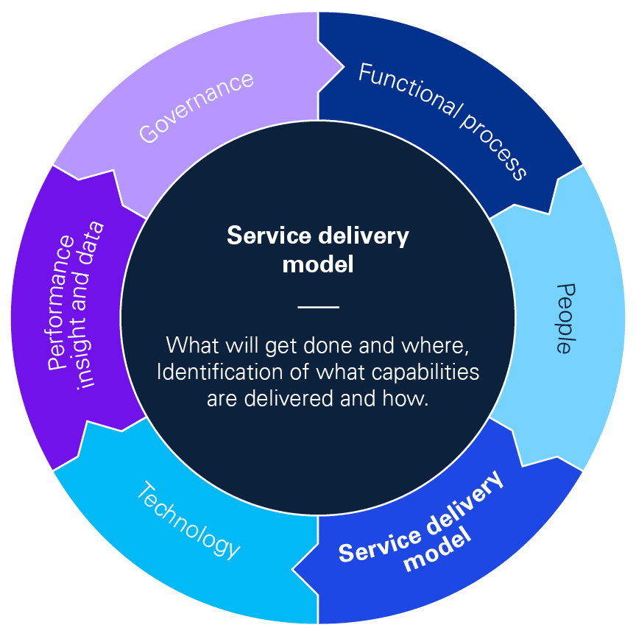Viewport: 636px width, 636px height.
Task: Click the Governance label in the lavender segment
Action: tap(197, 107)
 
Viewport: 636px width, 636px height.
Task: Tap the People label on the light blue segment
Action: tap(564, 318)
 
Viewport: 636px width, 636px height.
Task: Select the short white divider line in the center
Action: tap(318, 307)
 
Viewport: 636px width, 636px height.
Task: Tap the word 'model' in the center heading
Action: tap(318, 264)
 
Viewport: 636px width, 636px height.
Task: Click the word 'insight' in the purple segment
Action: tap(87, 346)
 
